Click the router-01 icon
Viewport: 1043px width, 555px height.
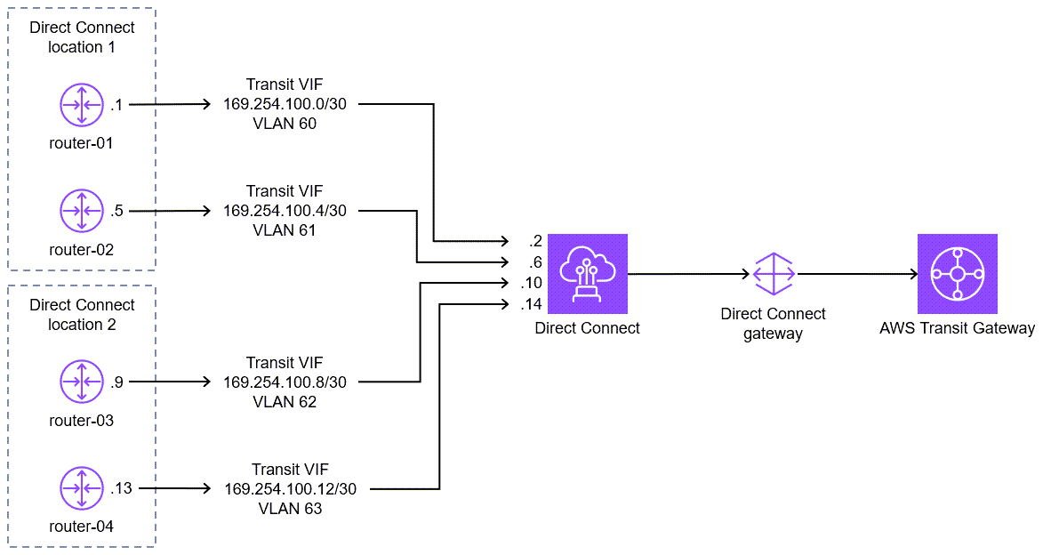coord(82,105)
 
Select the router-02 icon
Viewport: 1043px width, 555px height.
coord(82,212)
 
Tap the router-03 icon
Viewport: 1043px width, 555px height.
coord(82,382)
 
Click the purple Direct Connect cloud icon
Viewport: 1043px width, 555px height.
coord(588,274)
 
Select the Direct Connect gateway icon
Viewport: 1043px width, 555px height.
coord(773,274)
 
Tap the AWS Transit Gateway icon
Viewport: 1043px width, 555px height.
coord(957,274)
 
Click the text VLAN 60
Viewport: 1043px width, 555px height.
coord(285,124)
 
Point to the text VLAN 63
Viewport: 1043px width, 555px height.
coord(290,509)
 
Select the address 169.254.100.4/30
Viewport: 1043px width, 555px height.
coord(285,211)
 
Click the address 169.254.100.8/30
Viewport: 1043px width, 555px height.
coord(285,382)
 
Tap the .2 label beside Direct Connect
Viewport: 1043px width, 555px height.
coord(534,242)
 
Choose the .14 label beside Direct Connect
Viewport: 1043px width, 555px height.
coord(531,304)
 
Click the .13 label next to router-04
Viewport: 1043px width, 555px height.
coord(120,488)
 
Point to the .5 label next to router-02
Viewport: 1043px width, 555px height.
coord(117,211)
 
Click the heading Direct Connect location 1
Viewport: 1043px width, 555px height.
coord(81,37)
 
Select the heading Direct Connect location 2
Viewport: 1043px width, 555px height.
coord(81,315)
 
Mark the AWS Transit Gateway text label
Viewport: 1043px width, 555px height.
coord(957,328)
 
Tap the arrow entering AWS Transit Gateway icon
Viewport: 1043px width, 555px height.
coord(858,274)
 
